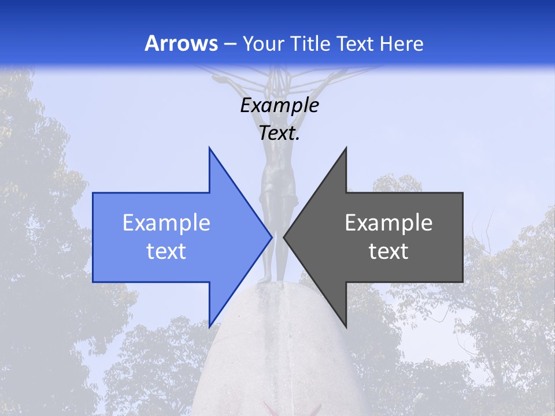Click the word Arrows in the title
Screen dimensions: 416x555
pos(182,44)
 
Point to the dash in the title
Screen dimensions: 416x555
pos(230,44)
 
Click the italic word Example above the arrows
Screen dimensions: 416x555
pos(279,106)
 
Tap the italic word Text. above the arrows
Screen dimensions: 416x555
pos(279,133)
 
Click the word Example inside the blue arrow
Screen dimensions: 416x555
pos(166,223)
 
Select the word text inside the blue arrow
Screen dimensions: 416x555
pos(166,251)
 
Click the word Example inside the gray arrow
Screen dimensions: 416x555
pos(388,223)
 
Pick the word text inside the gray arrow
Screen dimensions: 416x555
pos(388,251)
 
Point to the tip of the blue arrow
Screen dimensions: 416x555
pos(272,236)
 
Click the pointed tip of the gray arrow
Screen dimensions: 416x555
pos(284,236)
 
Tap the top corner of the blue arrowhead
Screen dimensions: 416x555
pos(209,148)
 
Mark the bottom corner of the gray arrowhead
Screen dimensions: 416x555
pos(346,326)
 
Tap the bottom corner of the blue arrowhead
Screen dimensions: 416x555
pos(209,326)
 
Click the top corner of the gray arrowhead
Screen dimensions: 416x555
pos(346,148)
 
